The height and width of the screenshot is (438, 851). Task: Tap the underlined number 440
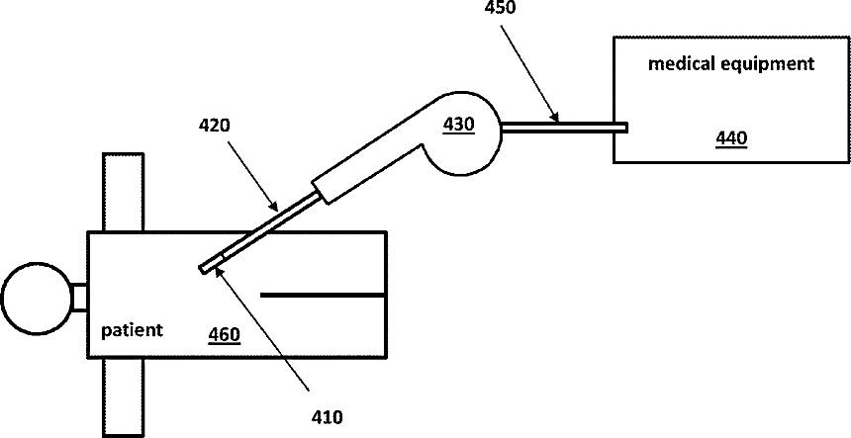pyautogui.click(x=731, y=138)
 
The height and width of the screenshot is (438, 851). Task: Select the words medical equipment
pyautogui.click(x=730, y=64)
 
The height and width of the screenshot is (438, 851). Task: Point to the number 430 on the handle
pyautogui.click(x=458, y=124)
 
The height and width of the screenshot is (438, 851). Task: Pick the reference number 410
pyautogui.click(x=326, y=417)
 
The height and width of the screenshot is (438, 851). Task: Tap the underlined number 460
pyautogui.click(x=223, y=334)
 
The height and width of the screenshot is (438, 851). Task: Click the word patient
pyautogui.click(x=132, y=328)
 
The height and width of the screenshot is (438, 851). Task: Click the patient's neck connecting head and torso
pyautogui.click(x=78, y=297)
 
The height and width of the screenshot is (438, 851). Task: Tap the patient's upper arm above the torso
pyautogui.click(x=124, y=192)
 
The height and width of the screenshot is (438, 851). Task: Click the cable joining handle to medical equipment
pyautogui.click(x=564, y=127)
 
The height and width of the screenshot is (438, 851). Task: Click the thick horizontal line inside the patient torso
pyautogui.click(x=323, y=295)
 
